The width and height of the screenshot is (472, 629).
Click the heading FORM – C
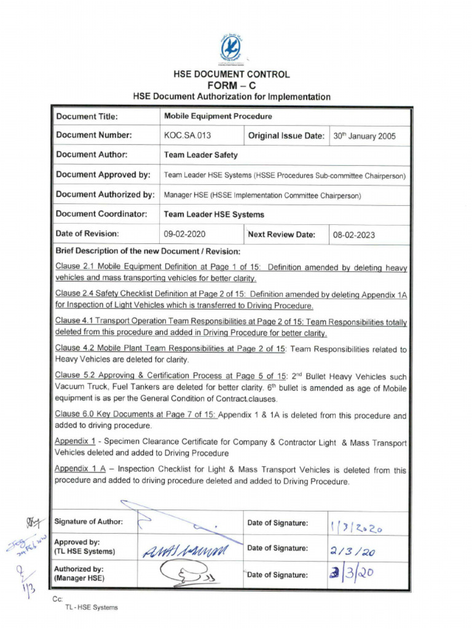pos(231,85)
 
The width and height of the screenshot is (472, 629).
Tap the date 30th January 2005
pos(364,136)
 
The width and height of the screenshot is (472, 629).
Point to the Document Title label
pos(87,117)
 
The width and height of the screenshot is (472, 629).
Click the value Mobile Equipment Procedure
pos(218,116)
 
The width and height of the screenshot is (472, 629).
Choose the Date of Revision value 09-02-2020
pos(185,234)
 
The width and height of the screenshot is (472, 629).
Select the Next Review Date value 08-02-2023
pos(354,234)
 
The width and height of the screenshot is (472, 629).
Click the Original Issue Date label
pos(286,136)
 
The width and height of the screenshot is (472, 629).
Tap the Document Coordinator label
pos(101,214)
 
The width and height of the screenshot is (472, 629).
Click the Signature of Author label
pos(88,522)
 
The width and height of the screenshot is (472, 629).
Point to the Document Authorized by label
pos(104,195)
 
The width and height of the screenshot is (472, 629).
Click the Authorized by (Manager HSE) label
pos(79,574)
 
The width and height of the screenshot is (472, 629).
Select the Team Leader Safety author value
pos(200,155)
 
